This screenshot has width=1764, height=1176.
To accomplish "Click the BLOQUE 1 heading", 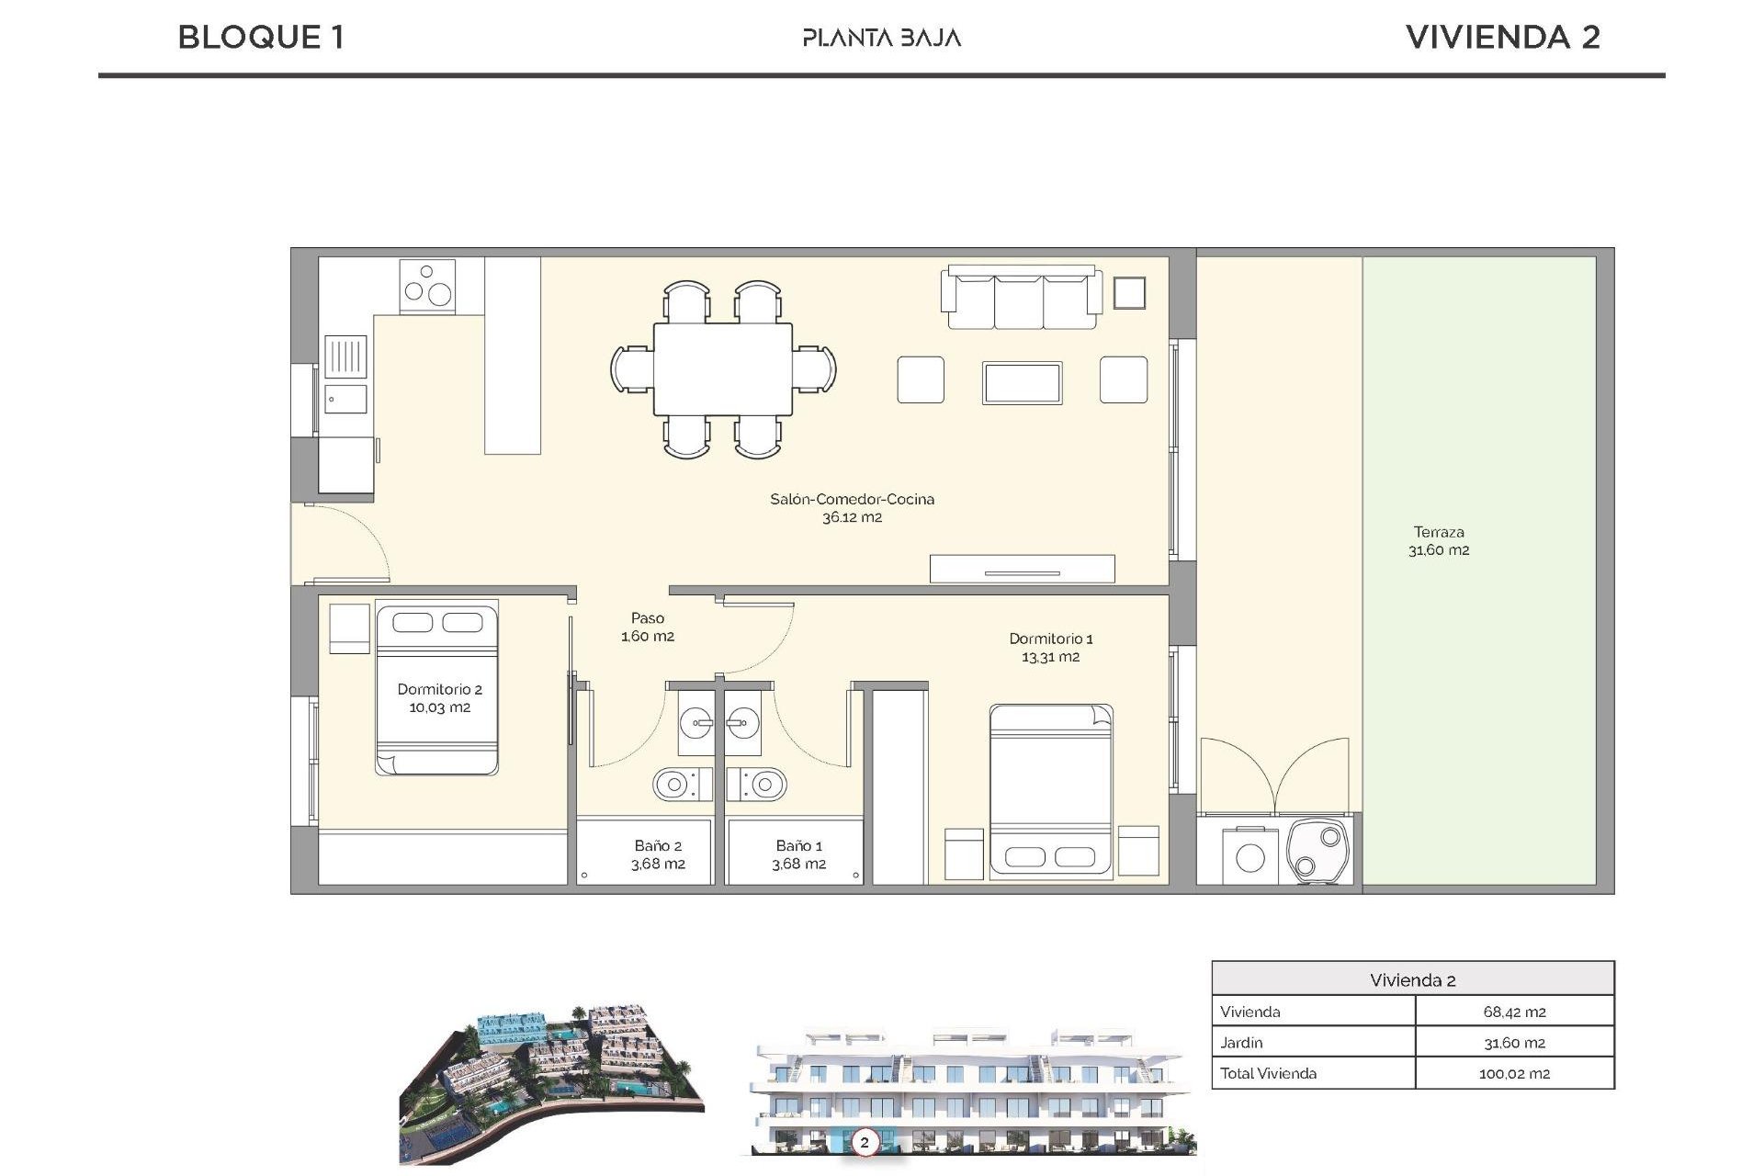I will pos(261,38).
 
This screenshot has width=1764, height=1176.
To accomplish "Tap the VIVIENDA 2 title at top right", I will pos(1503,38).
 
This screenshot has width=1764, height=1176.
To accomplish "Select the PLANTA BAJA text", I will pos(881,39).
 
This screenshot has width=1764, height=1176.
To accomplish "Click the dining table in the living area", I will pos(723,369).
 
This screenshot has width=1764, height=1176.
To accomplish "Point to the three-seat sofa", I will pos(1020,298).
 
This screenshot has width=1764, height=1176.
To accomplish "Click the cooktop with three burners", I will pos(427,286).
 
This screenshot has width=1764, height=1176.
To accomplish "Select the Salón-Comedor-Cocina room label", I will pos(852,508).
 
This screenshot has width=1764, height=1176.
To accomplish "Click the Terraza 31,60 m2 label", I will pos(1439,541).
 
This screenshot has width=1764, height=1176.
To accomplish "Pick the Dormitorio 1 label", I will pos(1050,648).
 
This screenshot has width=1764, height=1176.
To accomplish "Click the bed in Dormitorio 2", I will pos(437,689).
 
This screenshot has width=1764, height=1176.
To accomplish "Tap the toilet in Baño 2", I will pos(681,785).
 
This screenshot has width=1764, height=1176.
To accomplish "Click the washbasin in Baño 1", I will pos(743,724).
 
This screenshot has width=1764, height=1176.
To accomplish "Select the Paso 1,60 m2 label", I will pos(648,627).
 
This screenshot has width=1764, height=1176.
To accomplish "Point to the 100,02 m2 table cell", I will pos(1514,1073).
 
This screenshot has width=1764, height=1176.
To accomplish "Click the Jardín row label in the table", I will pos(1241,1043).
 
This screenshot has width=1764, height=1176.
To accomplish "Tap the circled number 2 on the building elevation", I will pos(864,1143).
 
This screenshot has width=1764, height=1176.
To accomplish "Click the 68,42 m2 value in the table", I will pos(1514,1012).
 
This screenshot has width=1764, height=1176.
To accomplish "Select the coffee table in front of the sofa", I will pos(1022,383).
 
